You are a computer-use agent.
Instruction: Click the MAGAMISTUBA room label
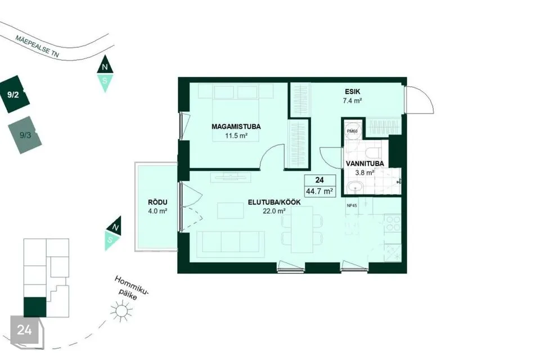236,127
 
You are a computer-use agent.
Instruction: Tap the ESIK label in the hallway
352,92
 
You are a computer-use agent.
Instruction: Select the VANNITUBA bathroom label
364,164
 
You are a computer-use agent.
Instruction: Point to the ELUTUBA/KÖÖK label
274,202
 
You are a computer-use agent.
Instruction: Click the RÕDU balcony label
157,202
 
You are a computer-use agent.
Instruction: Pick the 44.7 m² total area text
319,191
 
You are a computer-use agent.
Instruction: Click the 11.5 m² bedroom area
236,136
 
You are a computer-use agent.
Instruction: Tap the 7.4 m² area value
353,101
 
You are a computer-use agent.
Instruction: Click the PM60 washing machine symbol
352,130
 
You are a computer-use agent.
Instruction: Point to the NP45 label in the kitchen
352,206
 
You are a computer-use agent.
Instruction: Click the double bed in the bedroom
236,112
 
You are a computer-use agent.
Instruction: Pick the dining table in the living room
301,229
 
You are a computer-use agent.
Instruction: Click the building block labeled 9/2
14,94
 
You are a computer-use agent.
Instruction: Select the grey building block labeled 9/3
25,135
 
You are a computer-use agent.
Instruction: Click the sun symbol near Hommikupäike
121,311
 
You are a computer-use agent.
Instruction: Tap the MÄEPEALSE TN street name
37,46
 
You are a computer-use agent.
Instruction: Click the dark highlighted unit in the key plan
35,307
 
